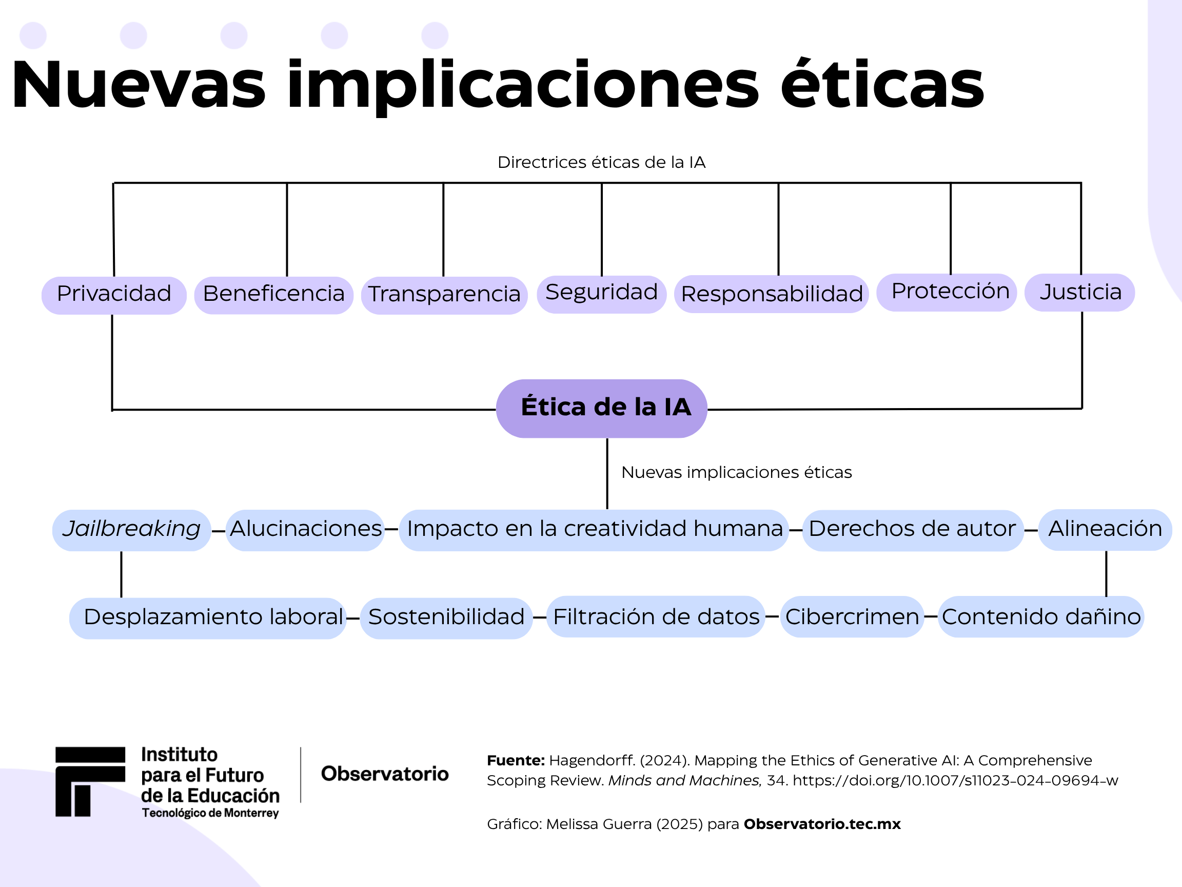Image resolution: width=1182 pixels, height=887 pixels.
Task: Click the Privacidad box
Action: pyautogui.click(x=114, y=295)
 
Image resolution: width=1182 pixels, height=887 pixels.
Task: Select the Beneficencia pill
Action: pyautogui.click(x=273, y=295)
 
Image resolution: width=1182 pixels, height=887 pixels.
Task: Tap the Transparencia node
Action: pyautogui.click(x=444, y=295)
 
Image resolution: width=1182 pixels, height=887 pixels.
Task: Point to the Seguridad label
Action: pyautogui.click(x=601, y=294)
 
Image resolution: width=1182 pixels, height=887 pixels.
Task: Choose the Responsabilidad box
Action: pyautogui.click(x=771, y=294)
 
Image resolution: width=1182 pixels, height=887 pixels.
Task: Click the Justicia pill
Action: pyautogui.click(x=1079, y=293)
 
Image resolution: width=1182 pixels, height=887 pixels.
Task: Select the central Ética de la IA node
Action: pyautogui.click(x=602, y=408)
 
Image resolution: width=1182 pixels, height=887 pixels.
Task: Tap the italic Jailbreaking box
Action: pyautogui.click(x=131, y=529)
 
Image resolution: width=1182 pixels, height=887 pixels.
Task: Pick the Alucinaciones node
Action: pyautogui.click(x=305, y=529)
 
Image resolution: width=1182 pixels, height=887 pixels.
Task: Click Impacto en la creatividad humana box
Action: pyautogui.click(x=594, y=529)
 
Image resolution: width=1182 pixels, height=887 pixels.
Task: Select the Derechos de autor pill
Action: pyautogui.click(x=912, y=529)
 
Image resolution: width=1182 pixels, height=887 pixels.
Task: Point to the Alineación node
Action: pyautogui.click(x=1105, y=529)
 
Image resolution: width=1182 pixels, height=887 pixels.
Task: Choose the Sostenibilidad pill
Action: pyautogui.click(x=446, y=618)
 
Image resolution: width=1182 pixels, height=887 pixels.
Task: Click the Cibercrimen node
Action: pyautogui.click(x=852, y=617)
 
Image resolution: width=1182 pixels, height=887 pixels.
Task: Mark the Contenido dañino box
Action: pyautogui.click(x=1040, y=617)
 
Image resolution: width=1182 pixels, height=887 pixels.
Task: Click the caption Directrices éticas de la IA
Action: pyautogui.click(x=601, y=163)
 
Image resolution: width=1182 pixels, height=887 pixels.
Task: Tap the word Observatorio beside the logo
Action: pyautogui.click(x=385, y=774)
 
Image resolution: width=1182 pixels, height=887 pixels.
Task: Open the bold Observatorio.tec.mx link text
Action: pyautogui.click(x=822, y=824)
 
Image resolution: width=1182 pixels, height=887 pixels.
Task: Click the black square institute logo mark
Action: pyautogui.click(x=90, y=781)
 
